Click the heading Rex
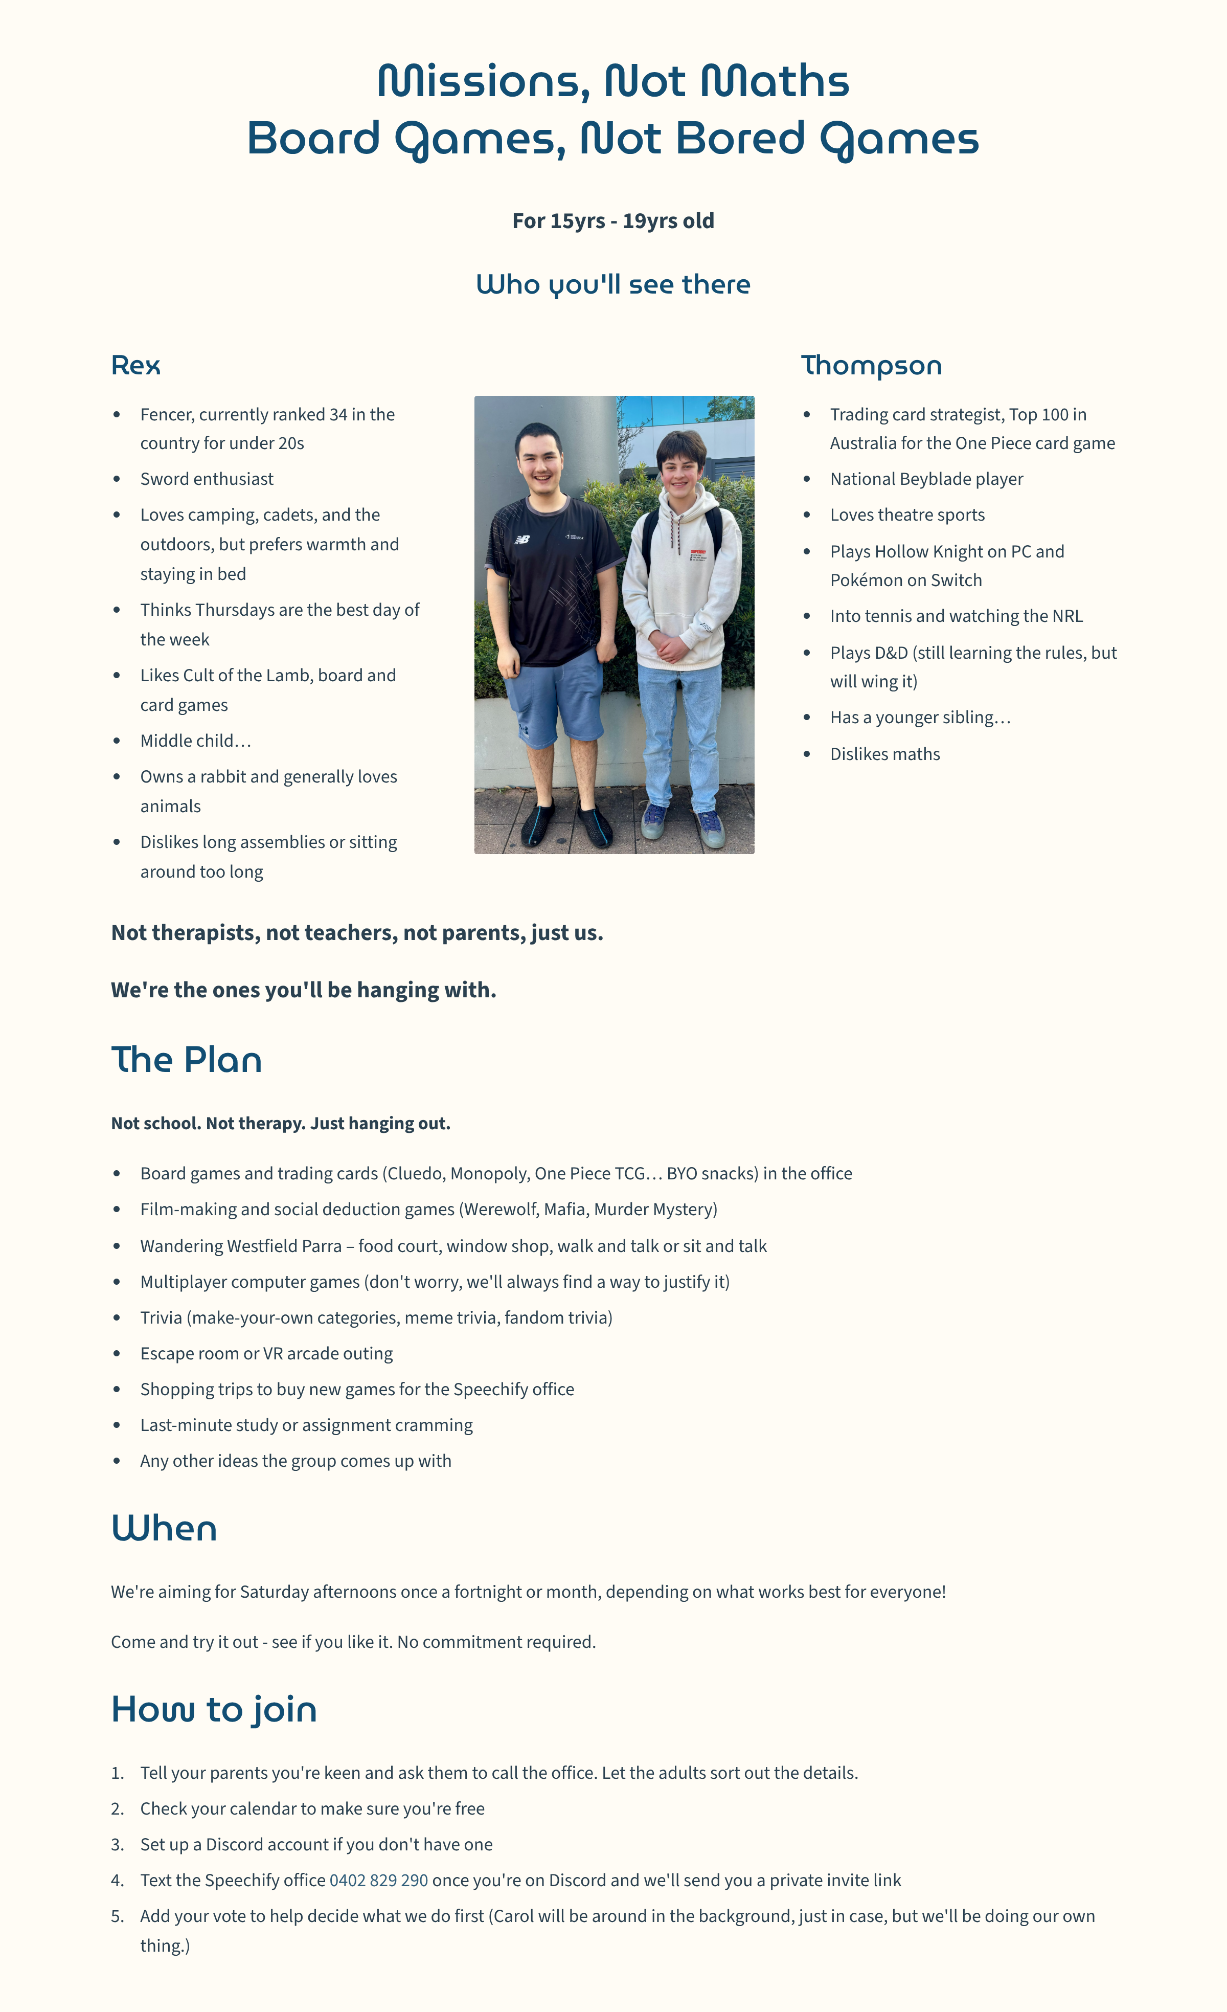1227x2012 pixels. (135, 366)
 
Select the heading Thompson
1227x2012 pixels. (871, 366)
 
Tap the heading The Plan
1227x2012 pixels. (186, 1060)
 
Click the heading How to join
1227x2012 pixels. (214, 1710)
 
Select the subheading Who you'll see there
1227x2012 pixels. (613, 284)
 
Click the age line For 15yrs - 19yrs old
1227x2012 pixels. (613, 220)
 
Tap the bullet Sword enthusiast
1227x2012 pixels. (207, 479)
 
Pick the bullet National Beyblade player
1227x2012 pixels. (926, 479)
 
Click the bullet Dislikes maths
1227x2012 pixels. (885, 754)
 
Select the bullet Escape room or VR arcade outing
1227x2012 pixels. (266, 1353)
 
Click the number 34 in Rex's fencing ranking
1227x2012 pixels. (338, 415)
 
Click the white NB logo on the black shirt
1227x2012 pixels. (521, 539)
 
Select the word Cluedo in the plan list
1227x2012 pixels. (415, 1173)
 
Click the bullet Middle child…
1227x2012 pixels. (195, 741)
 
